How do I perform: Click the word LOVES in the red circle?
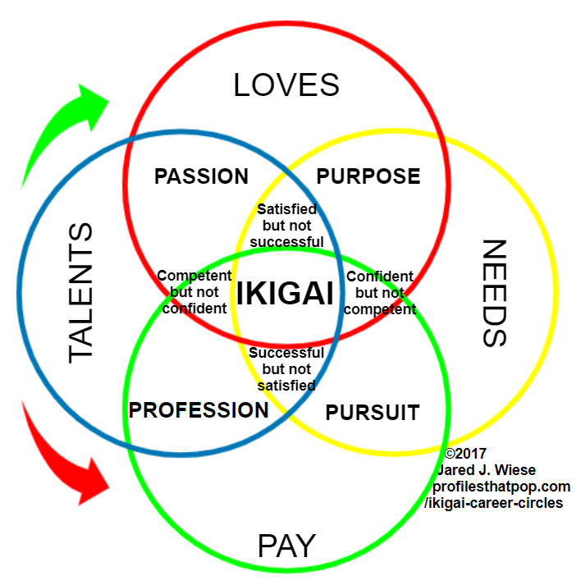pyautogui.click(x=286, y=85)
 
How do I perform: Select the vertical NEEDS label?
pyautogui.click(x=495, y=293)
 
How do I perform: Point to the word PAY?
pyautogui.click(x=287, y=546)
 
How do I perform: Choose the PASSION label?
pyautogui.click(x=201, y=176)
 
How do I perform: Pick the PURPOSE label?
pyautogui.click(x=368, y=176)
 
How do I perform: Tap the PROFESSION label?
pyautogui.click(x=199, y=409)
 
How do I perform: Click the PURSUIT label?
pyautogui.click(x=373, y=412)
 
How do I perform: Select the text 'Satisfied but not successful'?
pyautogui.click(x=286, y=226)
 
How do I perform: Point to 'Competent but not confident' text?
pyautogui.click(x=194, y=292)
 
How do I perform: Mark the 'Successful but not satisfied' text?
pyautogui.click(x=286, y=369)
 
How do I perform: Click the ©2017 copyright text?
pyautogui.click(x=465, y=454)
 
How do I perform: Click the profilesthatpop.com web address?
pyautogui.click(x=501, y=487)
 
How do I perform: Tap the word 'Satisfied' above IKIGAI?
pyautogui.click(x=286, y=210)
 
